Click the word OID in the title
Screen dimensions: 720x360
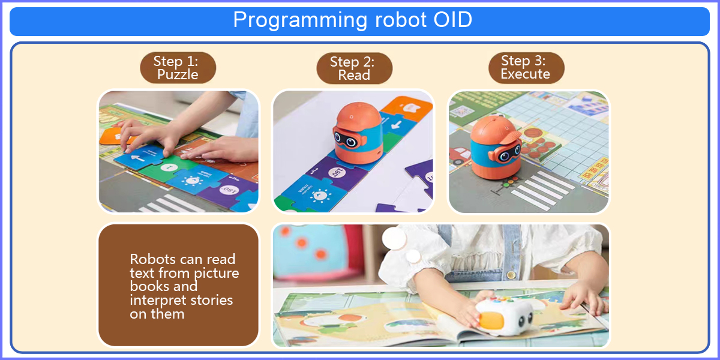pos(452,20)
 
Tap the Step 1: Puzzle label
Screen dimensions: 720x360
pos(178,68)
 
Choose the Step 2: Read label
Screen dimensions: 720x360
pos(354,68)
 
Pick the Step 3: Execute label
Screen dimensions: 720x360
pos(526,68)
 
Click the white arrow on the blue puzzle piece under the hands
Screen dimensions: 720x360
pos(137,158)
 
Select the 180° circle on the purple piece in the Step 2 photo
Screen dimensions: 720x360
pos(337,173)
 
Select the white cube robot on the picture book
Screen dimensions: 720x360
pos(505,316)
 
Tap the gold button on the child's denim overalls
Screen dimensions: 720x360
pos(511,275)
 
